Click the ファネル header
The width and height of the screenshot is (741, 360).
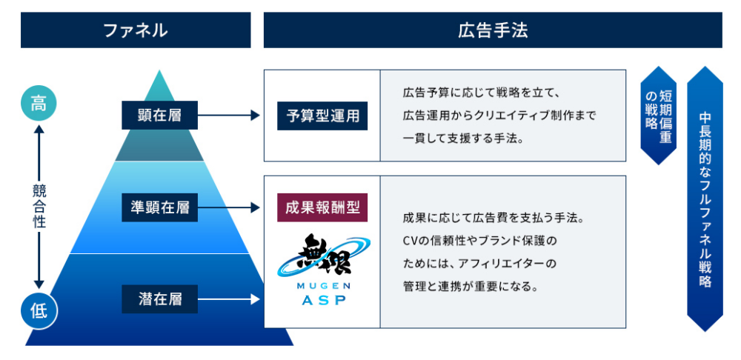coord(136,30)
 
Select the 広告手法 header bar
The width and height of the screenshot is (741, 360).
coord(493,30)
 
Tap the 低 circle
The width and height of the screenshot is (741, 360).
coord(38,310)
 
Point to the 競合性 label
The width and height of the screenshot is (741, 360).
coord(39,207)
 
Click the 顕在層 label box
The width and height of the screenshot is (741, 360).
coord(159,115)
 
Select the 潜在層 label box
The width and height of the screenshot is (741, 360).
coord(159,299)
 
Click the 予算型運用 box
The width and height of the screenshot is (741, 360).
coord(322,116)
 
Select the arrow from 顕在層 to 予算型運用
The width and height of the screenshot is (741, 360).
coord(229,116)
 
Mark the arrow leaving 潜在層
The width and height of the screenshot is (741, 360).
coord(229,299)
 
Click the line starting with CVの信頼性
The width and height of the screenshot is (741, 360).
coord(479,241)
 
